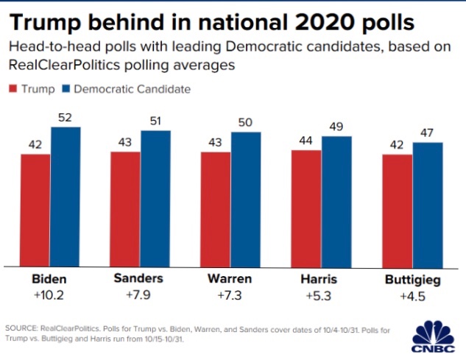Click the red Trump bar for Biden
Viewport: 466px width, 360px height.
(35, 210)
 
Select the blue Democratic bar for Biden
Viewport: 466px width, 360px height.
(66, 196)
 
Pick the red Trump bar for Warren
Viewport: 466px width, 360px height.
(216, 210)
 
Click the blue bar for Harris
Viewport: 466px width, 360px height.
(336, 200)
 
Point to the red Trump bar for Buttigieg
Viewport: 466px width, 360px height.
(397, 210)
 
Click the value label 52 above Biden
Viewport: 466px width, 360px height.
(66, 118)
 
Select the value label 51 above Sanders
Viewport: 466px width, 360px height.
(155, 121)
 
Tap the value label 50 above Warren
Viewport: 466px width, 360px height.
(246, 123)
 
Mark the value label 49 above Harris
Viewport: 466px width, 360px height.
(336, 127)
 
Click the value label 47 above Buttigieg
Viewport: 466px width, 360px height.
(427, 133)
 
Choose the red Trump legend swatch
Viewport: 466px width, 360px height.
(13, 90)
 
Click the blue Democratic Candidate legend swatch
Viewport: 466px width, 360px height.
(66, 90)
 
